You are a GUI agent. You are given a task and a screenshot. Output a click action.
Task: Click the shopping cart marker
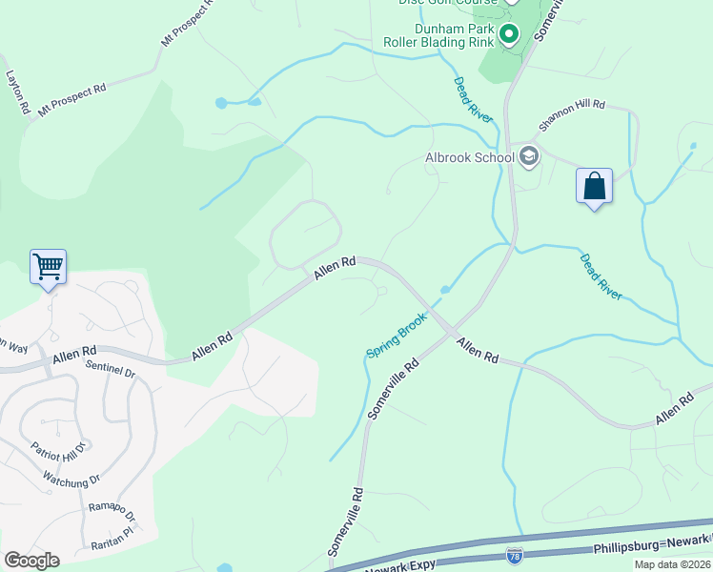(x=48, y=266)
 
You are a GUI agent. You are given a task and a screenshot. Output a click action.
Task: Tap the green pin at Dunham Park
(x=509, y=35)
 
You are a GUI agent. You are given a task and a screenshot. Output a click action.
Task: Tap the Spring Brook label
(x=396, y=338)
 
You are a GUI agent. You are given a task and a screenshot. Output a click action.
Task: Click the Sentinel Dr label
(x=110, y=368)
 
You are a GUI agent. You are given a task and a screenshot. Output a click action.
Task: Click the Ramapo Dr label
(x=112, y=516)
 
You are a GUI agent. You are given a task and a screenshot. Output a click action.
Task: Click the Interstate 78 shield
(x=515, y=554)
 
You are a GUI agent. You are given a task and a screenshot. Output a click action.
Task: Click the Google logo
(x=31, y=560)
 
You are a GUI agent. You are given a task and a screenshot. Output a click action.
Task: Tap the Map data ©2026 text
(x=673, y=564)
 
